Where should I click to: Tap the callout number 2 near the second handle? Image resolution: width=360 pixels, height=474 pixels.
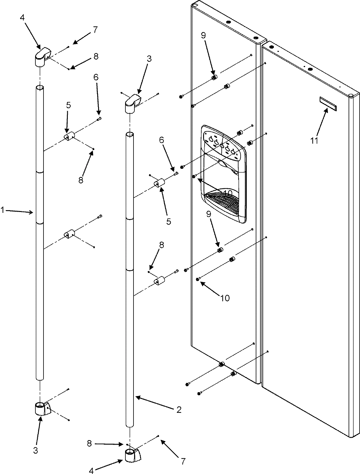coord(178,410)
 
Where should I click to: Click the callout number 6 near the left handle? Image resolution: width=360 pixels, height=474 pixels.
coord(96,78)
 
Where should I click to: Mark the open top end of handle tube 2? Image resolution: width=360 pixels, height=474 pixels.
coord(130,135)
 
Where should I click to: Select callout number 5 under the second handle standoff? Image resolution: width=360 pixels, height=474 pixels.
coord(168,222)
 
